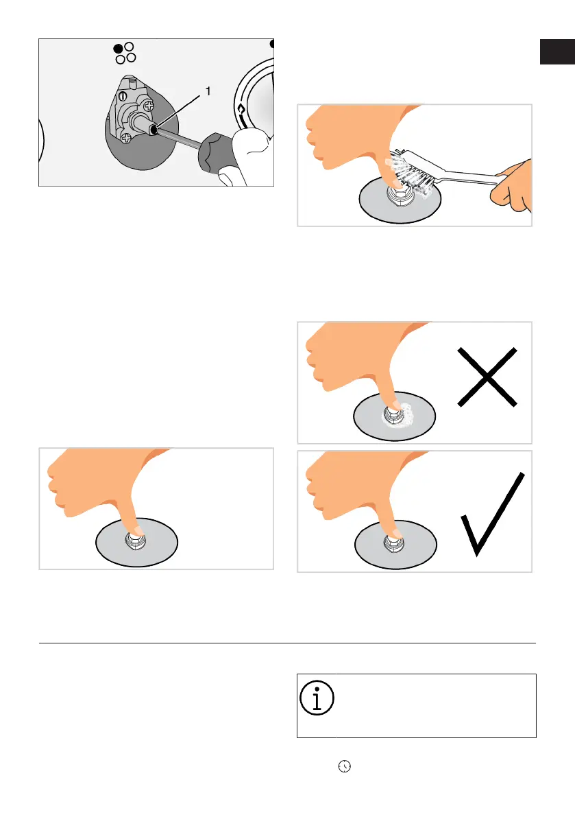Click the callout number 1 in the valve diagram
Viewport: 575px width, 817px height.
point(208,91)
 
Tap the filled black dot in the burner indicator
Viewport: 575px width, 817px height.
point(119,49)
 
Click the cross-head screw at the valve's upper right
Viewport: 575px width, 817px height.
point(149,106)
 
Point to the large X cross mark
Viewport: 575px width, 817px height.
point(487,377)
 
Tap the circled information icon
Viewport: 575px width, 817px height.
point(317,698)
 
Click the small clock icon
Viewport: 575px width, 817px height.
point(345,766)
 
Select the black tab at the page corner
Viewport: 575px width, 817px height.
point(557,51)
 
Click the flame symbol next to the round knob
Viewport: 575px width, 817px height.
point(241,110)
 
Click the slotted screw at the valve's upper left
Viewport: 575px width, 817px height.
point(123,97)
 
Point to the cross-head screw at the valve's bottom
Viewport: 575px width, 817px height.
point(126,138)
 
